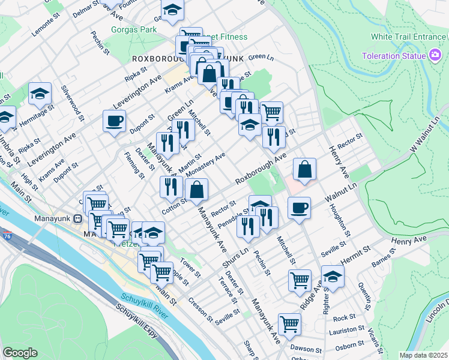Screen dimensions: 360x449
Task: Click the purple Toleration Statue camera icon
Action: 436,56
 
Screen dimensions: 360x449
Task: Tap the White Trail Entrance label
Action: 408,37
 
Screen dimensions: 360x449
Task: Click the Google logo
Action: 20,353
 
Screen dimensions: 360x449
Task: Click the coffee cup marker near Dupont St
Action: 114,122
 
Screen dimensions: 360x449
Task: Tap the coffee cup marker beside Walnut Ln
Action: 299,208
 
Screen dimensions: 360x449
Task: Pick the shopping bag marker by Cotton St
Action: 197,190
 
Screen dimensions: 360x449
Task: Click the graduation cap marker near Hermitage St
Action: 40,94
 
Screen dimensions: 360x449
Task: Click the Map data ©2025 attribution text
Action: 423,355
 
